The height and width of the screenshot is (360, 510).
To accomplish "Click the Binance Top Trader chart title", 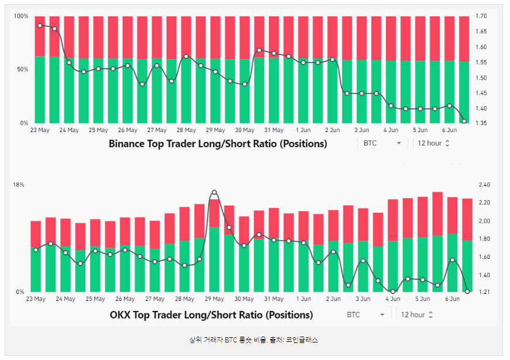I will [x=218, y=143].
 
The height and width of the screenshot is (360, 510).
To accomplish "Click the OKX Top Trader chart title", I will [x=211, y=314].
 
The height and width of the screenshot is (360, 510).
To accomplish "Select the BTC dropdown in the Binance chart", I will [x=382, y=143].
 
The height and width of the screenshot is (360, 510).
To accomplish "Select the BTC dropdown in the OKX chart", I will [x=366, y=314].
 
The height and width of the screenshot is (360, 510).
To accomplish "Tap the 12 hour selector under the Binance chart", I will [x=434, y=143].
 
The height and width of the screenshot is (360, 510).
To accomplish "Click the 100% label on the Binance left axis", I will [x=21, y=16].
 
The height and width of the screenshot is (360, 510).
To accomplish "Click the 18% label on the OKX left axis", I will [x=19, y=185].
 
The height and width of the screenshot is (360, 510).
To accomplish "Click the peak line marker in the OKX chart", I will [x=214, y=192].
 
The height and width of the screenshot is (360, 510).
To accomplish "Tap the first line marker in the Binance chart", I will [x=40, y=26].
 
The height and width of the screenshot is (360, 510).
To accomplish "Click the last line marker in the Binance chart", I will [x=464, y=122].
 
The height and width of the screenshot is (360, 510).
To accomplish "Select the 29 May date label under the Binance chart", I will [x=215, y=130].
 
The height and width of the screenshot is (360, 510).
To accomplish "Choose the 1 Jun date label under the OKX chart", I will [x=303, y=299].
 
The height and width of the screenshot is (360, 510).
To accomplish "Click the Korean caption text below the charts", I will [x=253, y=340].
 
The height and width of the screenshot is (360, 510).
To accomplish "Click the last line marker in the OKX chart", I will [x=467, y=291].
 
